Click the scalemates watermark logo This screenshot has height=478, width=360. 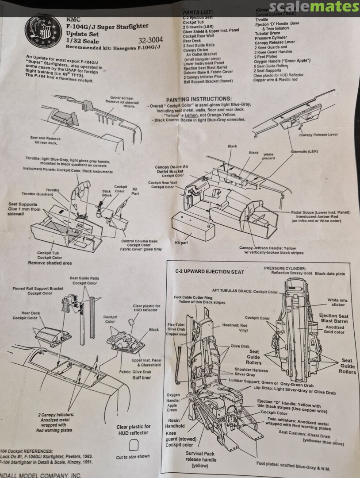[314, 7]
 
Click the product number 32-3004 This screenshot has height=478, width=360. [151, 39]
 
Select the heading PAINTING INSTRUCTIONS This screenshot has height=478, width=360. [199, 99]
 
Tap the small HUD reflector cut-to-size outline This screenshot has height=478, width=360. [133, 444]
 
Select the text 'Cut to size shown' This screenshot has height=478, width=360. [133, 456]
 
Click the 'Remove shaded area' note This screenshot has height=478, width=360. [50, 262]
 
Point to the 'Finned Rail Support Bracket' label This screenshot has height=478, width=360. [38, 290]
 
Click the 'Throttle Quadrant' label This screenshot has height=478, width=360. [37, 194]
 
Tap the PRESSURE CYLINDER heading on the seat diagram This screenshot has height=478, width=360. [284, 268]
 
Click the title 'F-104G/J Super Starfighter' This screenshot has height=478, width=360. [107, 27]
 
